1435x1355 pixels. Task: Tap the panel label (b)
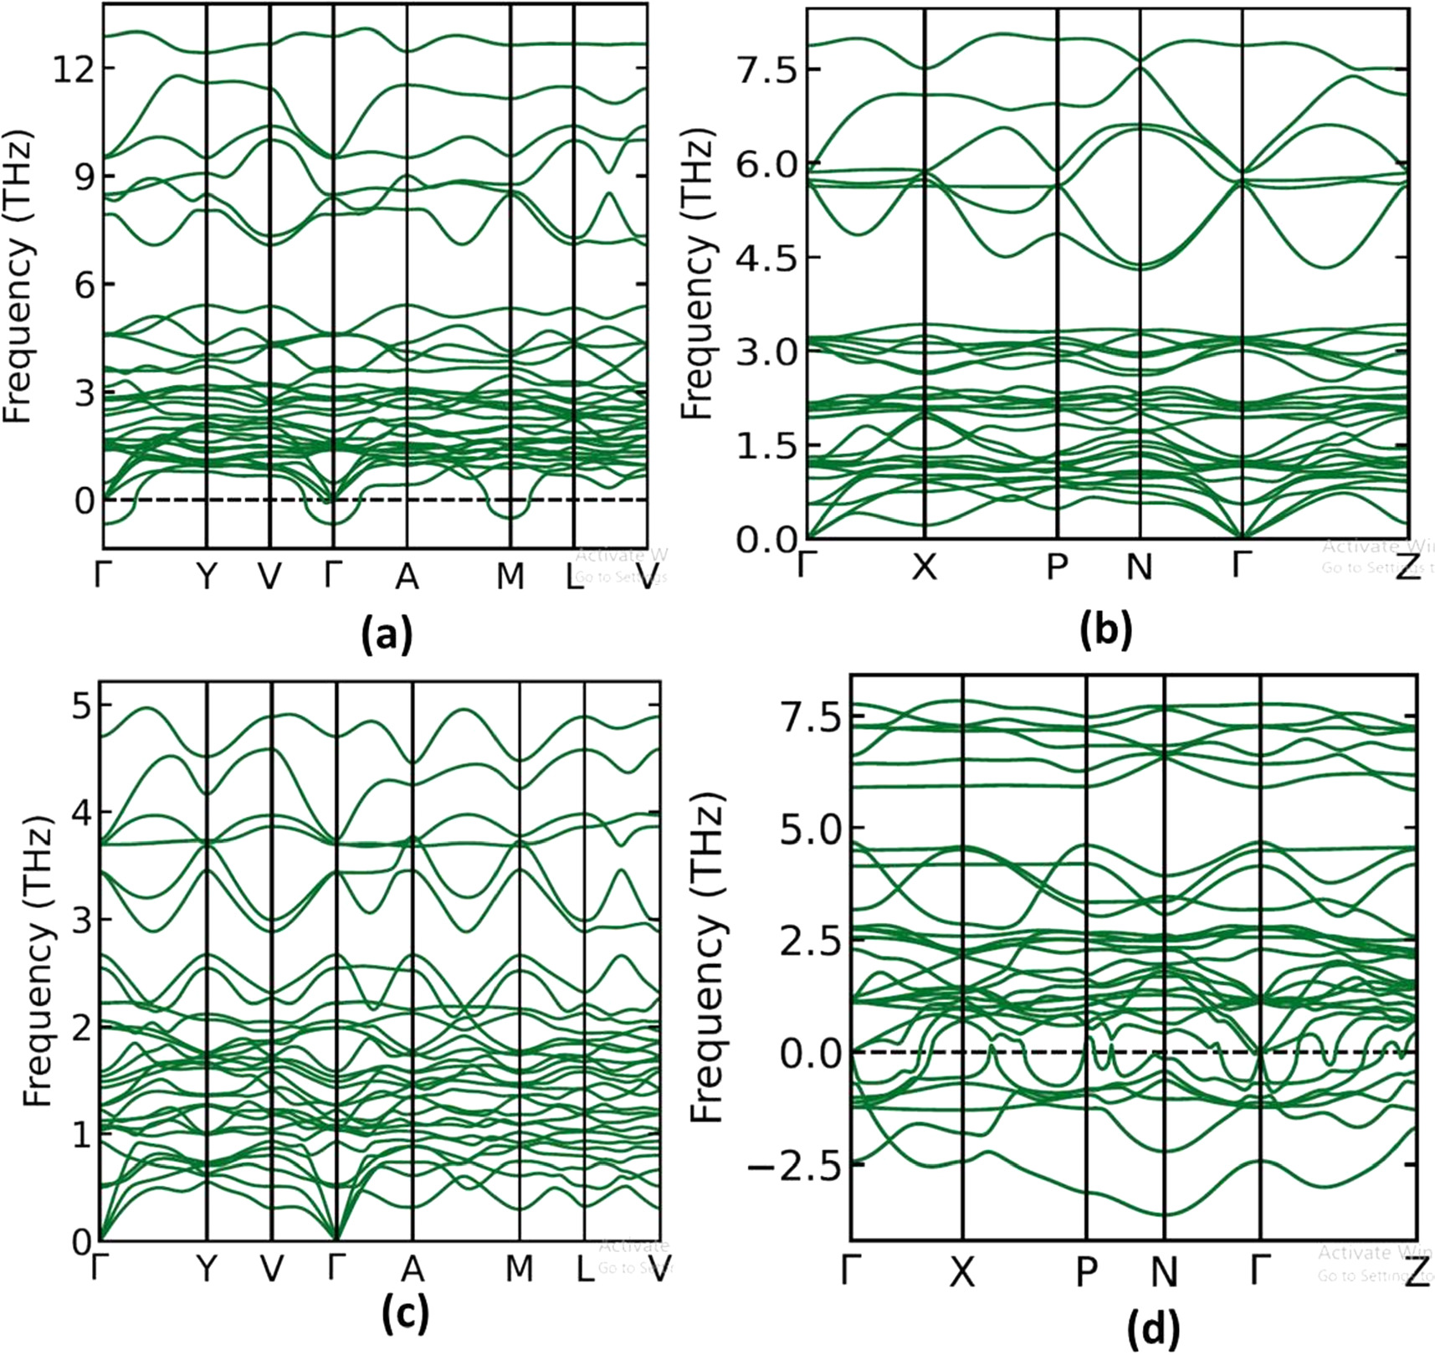[x=1106, y=631]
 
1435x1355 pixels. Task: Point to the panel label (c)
[x=405, y=1311]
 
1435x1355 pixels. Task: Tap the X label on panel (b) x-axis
[x=924, y=567]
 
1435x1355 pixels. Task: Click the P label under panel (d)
[x=1086, y=1272]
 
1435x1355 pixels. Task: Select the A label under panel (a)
[x=407, y=576]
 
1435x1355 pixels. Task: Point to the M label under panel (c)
[x=520, y=1270]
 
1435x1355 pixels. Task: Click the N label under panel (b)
[x=1140, y=567]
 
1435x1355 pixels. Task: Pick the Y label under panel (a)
[x=206, y=576]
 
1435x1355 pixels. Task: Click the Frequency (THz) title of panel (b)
[x=696, y=274]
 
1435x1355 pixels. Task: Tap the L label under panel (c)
[x=584, y=1270]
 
